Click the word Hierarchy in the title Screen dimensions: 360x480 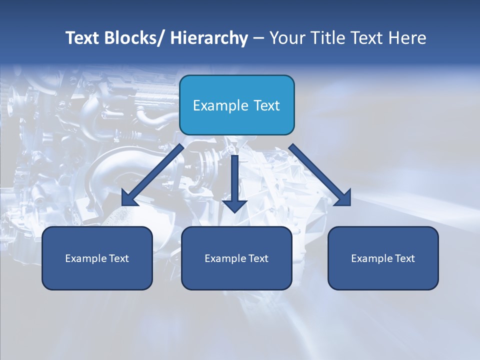coord(209,38)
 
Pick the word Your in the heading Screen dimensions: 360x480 coord(287,38)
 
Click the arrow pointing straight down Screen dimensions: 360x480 coord(235,180)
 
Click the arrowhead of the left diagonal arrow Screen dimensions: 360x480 coord(128,198)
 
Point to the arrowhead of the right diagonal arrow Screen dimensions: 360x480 coord(343,198)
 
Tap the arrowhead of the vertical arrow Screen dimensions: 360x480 coord(235,205)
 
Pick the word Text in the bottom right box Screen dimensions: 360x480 coord(404,258)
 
